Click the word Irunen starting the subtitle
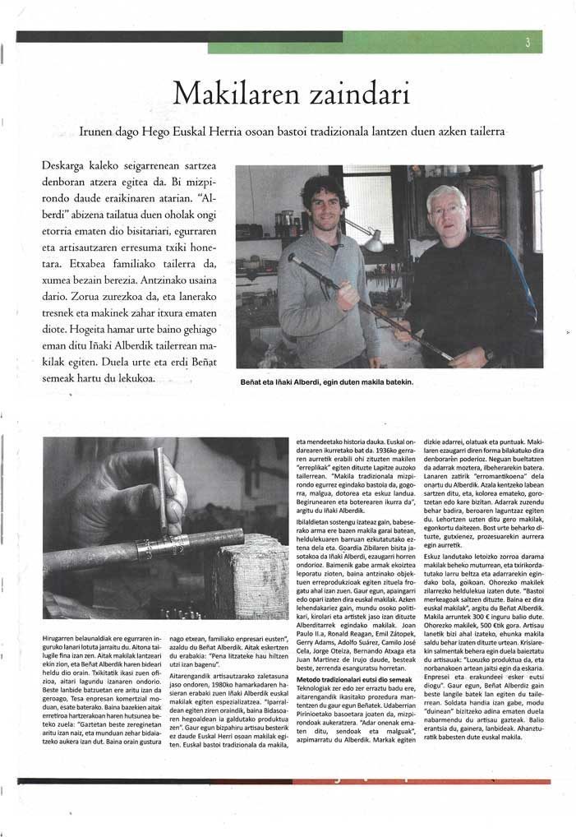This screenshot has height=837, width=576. (99, 131)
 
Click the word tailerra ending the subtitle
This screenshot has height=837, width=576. (481, 131)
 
